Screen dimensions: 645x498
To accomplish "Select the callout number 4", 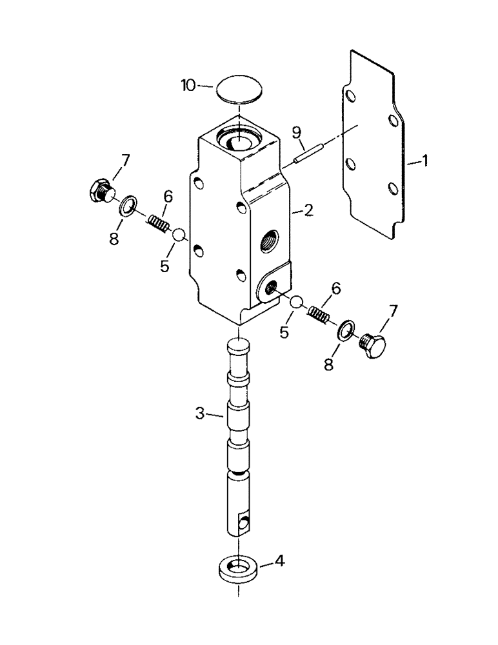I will point(279,562).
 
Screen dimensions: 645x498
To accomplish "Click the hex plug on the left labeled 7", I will point(101,190).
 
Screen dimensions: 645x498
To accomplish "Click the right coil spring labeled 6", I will point(319,315).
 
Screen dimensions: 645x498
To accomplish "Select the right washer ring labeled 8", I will point(346,329).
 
